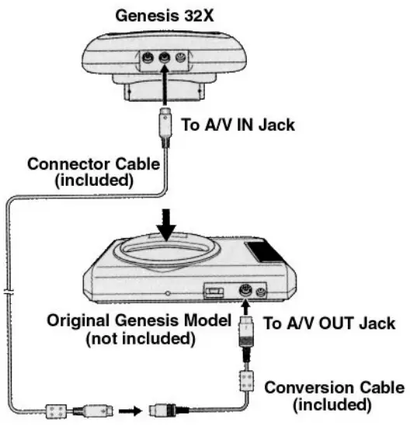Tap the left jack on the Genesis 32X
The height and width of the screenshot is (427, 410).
pyautogui.click(x=145, y=58)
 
